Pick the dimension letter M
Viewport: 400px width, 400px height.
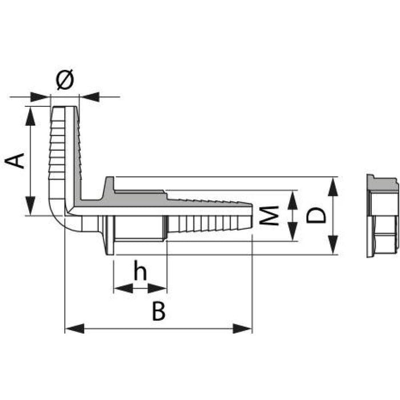tap(273, 216)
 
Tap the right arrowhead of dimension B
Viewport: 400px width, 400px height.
tap(246, 329)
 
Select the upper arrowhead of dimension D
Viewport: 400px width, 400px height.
tap(334, 182)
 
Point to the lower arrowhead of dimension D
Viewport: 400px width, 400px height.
tap(334, 249)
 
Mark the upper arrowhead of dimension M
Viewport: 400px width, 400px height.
tap(292, 196)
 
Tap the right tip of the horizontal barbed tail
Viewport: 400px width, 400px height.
tap(251, 216)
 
